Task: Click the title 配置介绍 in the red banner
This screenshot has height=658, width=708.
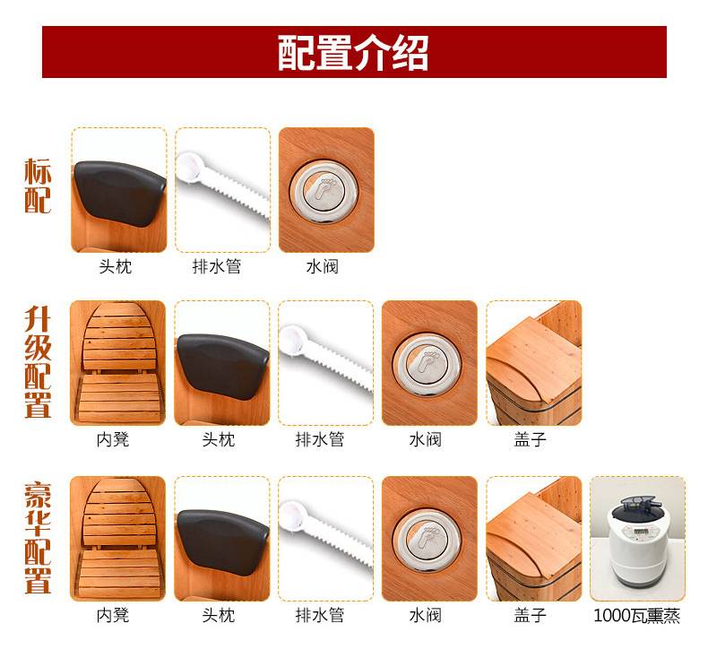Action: tap(352, 52)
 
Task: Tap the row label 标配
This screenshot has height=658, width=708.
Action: tap(38, 186)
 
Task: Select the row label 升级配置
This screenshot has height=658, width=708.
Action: tap(38, 362)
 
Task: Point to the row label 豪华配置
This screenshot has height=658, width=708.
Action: tap(38, 537)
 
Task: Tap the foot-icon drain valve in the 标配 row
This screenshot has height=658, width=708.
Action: tap(324, 191)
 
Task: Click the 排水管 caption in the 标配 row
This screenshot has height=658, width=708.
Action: tap(217, 266)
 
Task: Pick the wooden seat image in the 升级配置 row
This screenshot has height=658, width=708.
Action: tap(117, 363)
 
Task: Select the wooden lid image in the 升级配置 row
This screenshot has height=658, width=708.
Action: tap(534, 363)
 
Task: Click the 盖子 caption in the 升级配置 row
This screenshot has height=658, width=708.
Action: tap(530, 439)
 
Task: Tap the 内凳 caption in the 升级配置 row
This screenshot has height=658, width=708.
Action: tap(113, 439)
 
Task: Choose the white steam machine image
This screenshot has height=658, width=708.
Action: tap(637, 538)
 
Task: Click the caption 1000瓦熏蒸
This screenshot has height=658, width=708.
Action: tap(636, 615)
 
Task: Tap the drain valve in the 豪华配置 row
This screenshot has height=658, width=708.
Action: tap(427, 540)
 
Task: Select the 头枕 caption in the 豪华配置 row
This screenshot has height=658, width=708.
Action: tap(219, 615)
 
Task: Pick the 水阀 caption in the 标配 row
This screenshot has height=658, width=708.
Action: tap(323, 266)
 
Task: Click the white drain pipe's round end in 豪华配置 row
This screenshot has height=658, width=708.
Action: tap(292, 514)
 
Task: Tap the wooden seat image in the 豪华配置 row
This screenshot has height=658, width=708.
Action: tap(117, 538)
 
